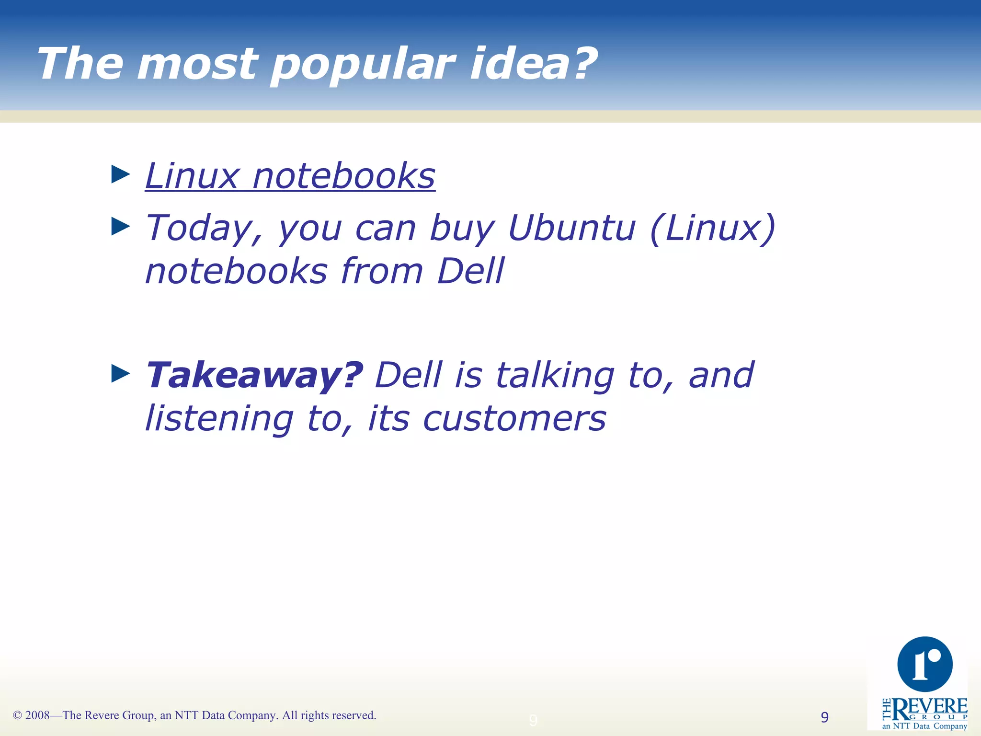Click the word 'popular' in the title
363,65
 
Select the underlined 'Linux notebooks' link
290,176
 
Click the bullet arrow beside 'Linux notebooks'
120,174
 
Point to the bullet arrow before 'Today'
120,226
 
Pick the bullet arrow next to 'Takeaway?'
120,373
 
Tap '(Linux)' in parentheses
712,229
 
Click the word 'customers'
514,418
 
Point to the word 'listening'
219,419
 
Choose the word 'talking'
555,375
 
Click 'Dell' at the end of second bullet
470,271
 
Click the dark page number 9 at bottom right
824,717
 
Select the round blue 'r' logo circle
924,664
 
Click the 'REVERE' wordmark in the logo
929,707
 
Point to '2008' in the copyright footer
37,715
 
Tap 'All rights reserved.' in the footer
329,715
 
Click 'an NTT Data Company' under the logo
924,726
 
